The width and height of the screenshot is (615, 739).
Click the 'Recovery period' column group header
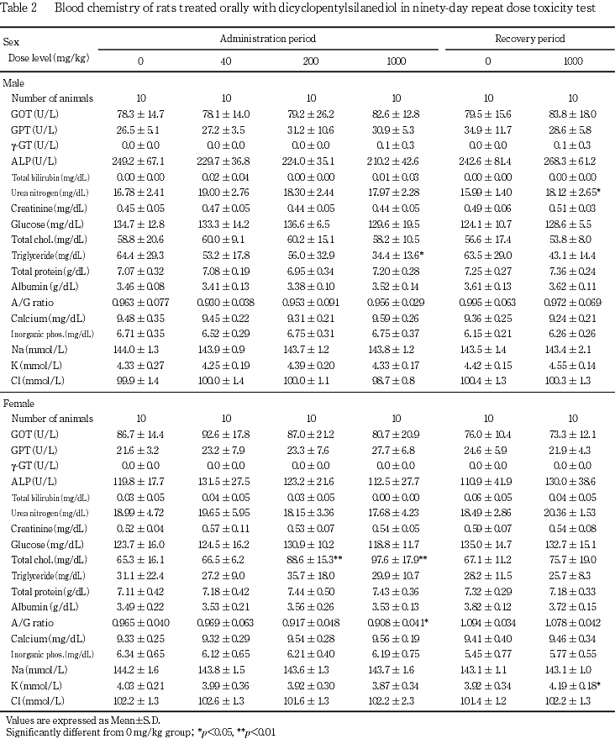click(x=530, y=39)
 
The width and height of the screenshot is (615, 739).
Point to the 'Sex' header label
click(x=12, y=41)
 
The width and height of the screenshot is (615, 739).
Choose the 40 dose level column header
click(x=227, y=61)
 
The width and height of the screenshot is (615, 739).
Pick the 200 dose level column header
click(x=310, y=61)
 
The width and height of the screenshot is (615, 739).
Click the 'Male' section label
click(x=13, y=83)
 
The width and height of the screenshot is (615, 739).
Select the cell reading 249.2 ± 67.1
click(x=140, y=161)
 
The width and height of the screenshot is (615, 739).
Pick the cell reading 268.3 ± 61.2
click(x=572, y=161)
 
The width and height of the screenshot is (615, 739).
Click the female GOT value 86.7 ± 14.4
click(x=140, y=435)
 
